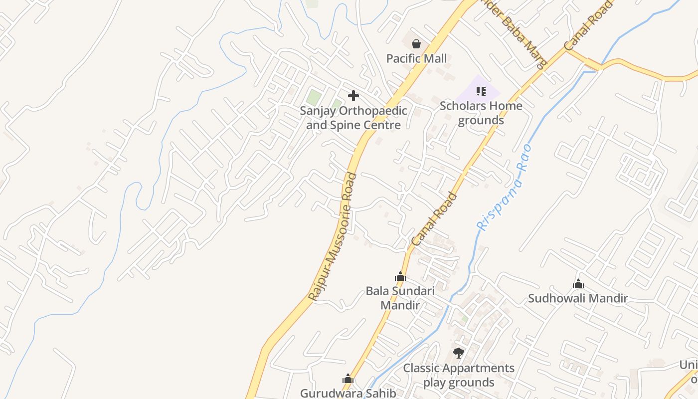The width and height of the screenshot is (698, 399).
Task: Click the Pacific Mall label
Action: point(416,59)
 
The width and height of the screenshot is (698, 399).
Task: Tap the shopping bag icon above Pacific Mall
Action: point(416,44)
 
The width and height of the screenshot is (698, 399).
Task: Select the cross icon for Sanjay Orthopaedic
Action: point(353,95)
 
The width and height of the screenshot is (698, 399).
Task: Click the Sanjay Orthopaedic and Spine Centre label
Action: point(353,118)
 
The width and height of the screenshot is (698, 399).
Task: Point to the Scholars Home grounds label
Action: point(481,113)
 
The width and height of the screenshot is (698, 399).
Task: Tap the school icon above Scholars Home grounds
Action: point(481,91)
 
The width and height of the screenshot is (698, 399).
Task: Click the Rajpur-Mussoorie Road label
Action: point(333,237)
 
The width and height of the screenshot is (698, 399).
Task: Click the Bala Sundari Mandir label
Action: point(400,298)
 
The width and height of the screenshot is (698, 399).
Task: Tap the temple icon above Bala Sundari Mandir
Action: point(400,276)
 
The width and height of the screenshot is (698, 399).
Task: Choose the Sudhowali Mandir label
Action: point(578,298)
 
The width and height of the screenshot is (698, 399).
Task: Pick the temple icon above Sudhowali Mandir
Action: point(578,284)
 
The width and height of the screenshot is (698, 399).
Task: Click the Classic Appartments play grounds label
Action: point(459,375)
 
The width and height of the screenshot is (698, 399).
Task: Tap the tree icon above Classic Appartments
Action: point(459,353)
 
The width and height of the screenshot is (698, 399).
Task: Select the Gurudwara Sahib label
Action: point(348,393)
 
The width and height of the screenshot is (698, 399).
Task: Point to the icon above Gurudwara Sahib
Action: point(348,379)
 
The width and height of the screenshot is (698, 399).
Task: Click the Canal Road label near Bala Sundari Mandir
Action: point(434,219)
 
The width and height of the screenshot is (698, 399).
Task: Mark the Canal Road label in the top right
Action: point(588,26)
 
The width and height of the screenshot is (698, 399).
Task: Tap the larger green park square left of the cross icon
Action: point(314,97)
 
